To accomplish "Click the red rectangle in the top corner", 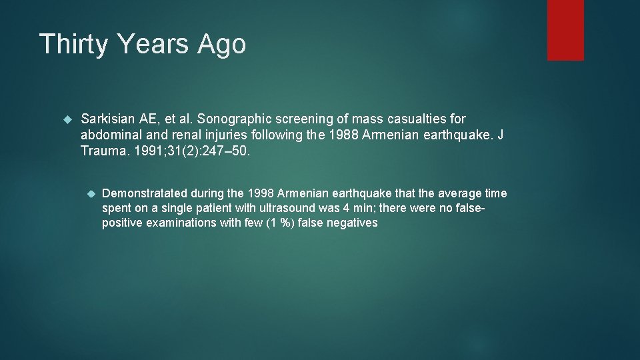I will [x=565, y=30].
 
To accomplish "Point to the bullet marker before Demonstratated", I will [x=92, y=194].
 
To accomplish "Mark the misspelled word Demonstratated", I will [x=145, y=193].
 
